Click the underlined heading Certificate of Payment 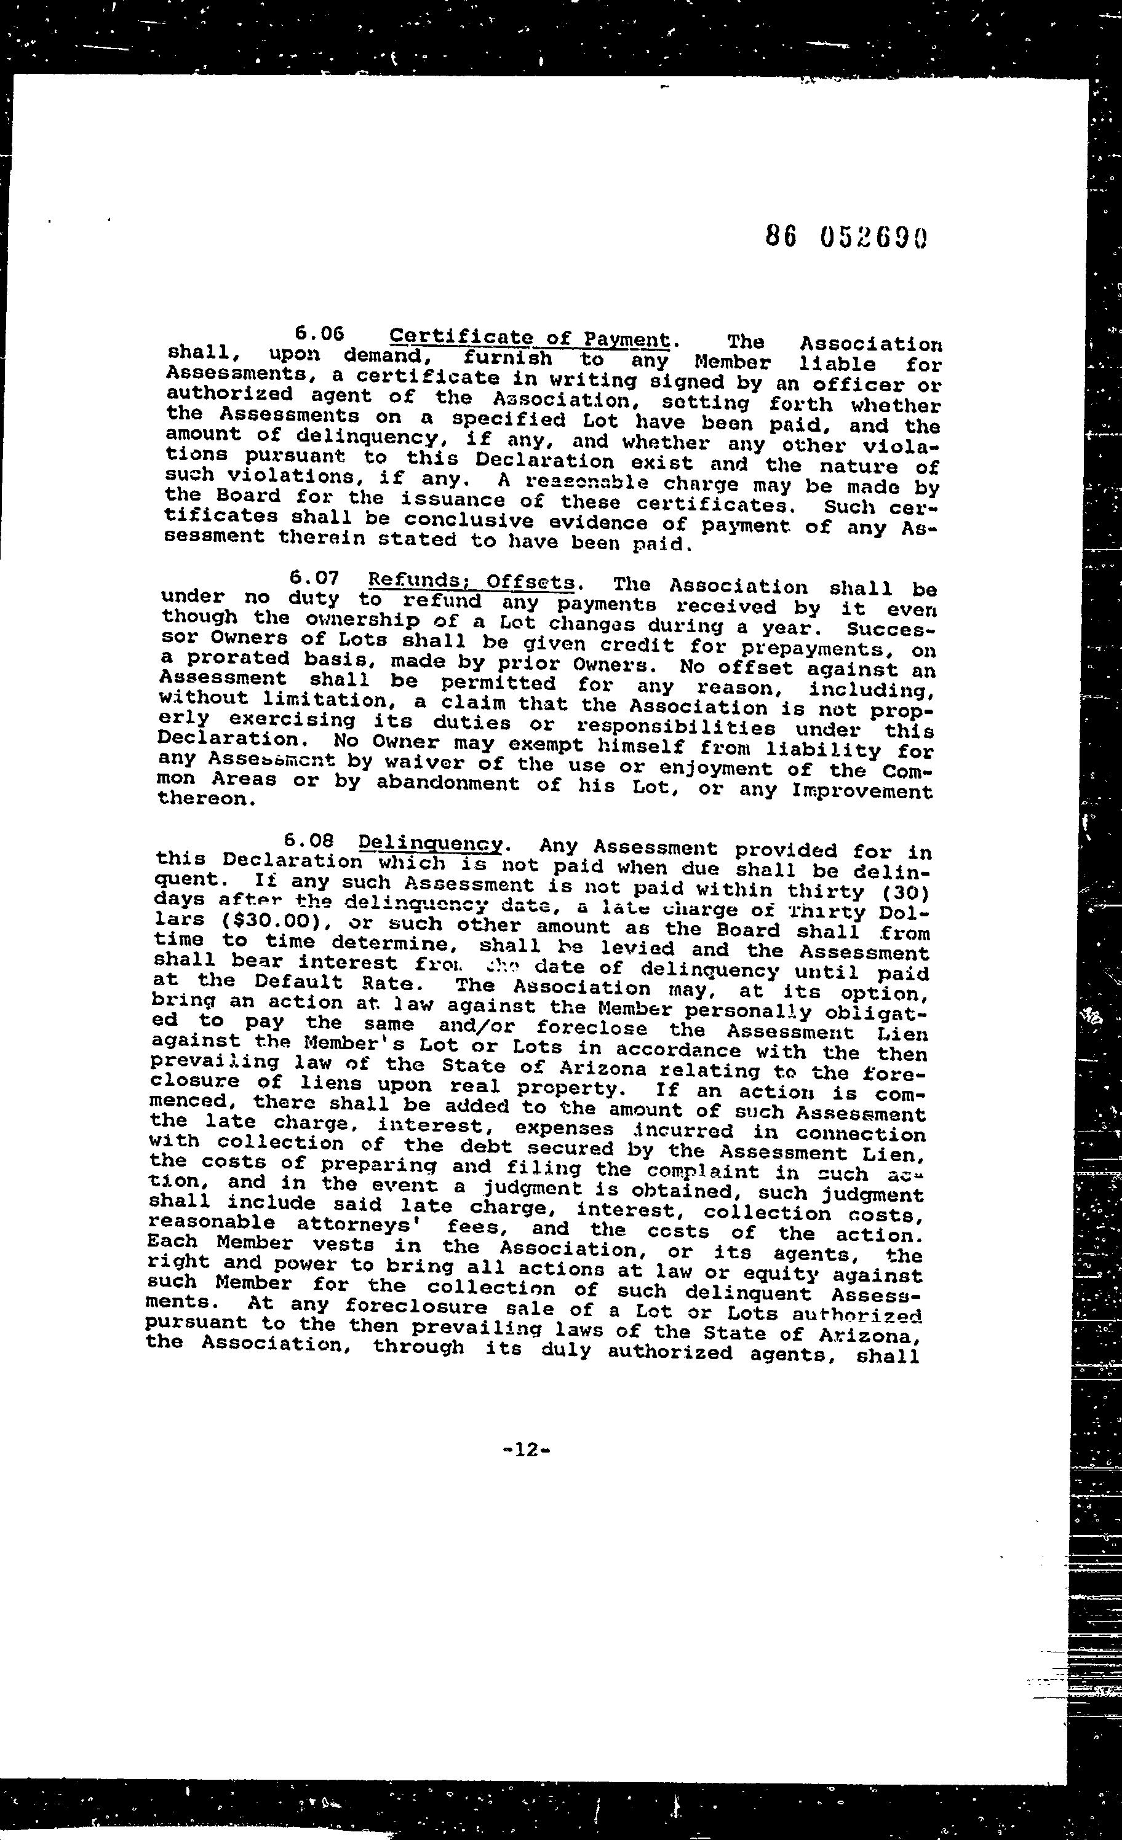pyautogui.click(x=530, y=338)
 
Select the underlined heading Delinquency pyautogui.click(x=430, y=844)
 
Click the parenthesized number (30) pyautogui.click(x=907, y=892)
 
